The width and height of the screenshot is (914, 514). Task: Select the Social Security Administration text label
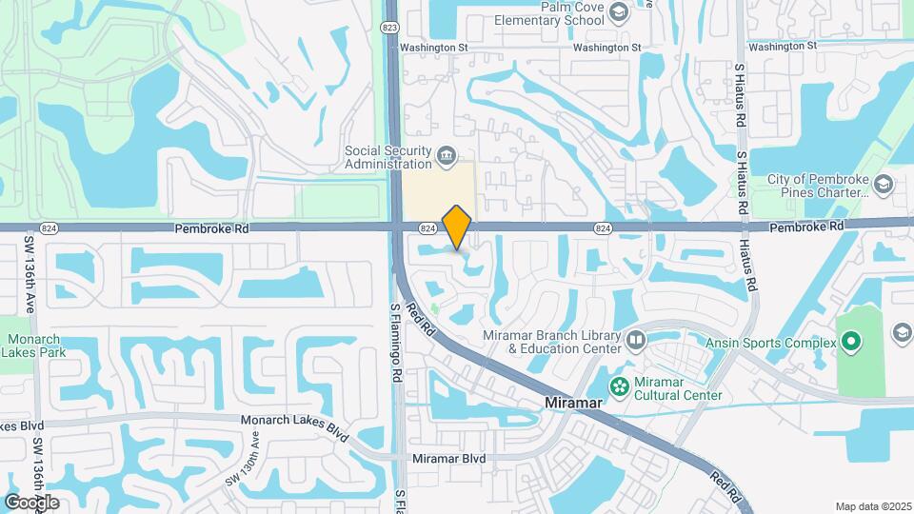[387, 156]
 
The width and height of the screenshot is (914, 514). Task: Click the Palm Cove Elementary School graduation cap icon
[619, 12]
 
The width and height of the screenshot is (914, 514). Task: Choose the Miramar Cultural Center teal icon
[620, 385]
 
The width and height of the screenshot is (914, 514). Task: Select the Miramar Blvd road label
[448, 459]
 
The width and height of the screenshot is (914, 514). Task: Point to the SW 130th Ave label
[243, 461]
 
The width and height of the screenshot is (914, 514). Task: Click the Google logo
[31, 502]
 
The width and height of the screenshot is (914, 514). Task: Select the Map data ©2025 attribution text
[871, 506]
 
